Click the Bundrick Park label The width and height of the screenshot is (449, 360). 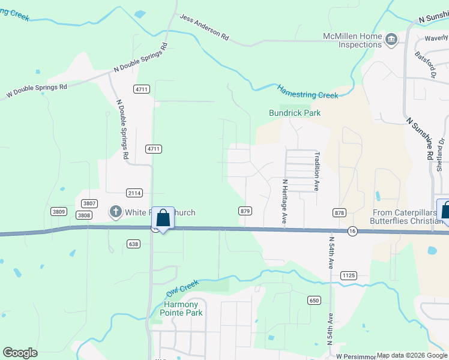pyautogui.click(x=294, y=113)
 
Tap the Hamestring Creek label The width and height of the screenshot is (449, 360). pyautogui.click(x=308, y=92)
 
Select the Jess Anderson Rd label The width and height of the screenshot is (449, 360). pyautogui.click(x=204, y=28)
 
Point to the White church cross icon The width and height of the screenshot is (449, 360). pyautogui.click(x=115, y=211)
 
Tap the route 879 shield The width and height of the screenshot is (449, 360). pyautogui.click(x=245, y=211)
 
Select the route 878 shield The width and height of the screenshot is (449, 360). pyautogui.click(x=339, y=212)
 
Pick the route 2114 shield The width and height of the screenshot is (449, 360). pyautogui.click(x=134, y=193)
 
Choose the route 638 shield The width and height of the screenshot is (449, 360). pyautogui.click(x=133, y=243)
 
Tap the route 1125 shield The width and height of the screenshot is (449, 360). pyautogui.click(x=348, y=275)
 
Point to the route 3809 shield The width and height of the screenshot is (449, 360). pyautogui.click(x=59, y=211)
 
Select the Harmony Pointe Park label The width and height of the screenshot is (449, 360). pyautogui.click(x=183, y=308)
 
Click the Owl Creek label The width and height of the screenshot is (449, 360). pyautogui.click(x=182, y=287)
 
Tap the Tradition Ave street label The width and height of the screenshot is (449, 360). pyautogui.click(x=316, y=171)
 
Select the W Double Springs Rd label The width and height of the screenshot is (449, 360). pyautogui.click(x=37, y=91)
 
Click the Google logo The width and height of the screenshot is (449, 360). pyautogui.click(x=20, y=353)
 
